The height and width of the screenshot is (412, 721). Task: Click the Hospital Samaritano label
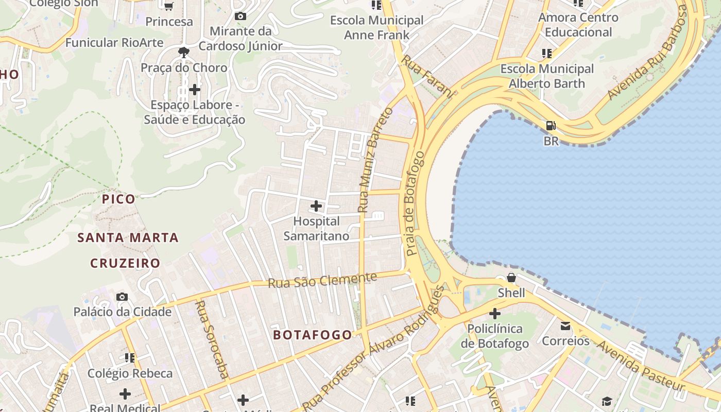pyautogui.click(x=316, y=229)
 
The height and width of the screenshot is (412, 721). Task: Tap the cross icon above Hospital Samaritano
pyautogui.click(x=316, y=207)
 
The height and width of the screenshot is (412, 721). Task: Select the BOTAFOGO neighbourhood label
pyautogui.click(x=313, y=335)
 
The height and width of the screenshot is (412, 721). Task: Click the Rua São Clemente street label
pyautogui.click(x=322, y=281)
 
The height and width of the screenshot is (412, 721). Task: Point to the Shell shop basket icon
pyautogui.click(x=511, y=278)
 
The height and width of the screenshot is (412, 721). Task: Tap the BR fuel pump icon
pyautogui.click(x=551, y=126)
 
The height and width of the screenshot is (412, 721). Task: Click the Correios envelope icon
pyautogui.click(x=565, y=325)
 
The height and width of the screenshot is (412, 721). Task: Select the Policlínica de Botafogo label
pyautogui.click(x=494, y=336)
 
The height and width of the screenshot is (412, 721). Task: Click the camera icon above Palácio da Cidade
pyautogui.click(x=122, y=297)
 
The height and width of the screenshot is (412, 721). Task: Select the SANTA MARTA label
pyautogui.click(x=128, y=238)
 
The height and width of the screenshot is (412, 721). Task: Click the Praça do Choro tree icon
pyautogui.click(x=183, y=52)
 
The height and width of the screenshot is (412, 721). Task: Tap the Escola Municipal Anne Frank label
pyautogui.click(x=376, y=28)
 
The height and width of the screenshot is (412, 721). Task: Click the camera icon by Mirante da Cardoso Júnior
pyautogui.click(x=240, y=16)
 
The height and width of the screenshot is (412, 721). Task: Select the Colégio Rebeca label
pyautogui.click(x=130, y=373)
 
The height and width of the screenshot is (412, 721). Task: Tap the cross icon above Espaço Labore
pyautogui.click(x=195, y=90)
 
